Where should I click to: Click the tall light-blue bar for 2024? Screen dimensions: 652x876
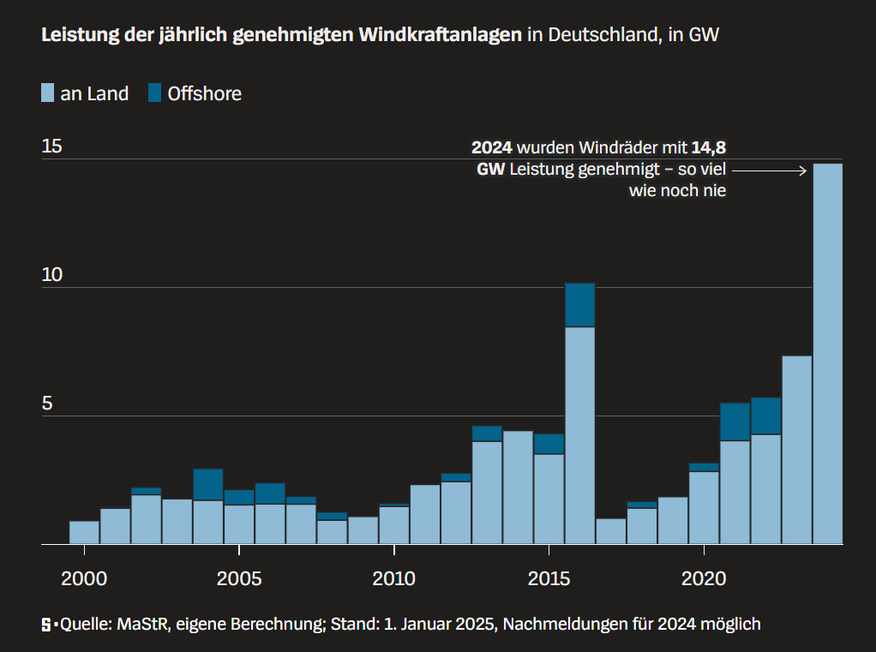click(x=827, y=353)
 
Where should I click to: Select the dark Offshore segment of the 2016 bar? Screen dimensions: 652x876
click(x=579, y=305)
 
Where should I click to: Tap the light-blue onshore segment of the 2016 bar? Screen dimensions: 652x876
click(x=579, y=435)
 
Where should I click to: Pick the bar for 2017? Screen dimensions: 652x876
click(x=610, y=531)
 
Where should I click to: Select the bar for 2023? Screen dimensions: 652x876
click(x=796, y=450)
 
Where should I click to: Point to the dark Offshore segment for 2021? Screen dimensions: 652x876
click(x=735, y=422)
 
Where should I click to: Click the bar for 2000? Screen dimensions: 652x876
click(x=84, y=532)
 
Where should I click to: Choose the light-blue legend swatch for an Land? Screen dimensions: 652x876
click(x=48, y=93)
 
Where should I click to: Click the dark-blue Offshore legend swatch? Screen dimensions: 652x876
click(x=154, y=93)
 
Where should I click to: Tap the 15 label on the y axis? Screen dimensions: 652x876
click(x=52, y=146)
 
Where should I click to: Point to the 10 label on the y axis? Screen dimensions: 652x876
click(x=52, y=275)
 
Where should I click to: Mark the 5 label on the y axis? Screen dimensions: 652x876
click(x=47, y=404)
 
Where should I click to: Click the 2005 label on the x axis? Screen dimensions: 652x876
click(x=239, y=578)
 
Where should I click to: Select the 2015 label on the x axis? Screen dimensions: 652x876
click(x=549, y=578)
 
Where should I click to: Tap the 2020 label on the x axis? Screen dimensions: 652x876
click(x=704, y=578)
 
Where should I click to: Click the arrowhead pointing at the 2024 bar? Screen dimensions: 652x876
click(x=803, y=170)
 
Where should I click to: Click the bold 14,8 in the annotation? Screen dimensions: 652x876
click(x=709, y=147)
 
